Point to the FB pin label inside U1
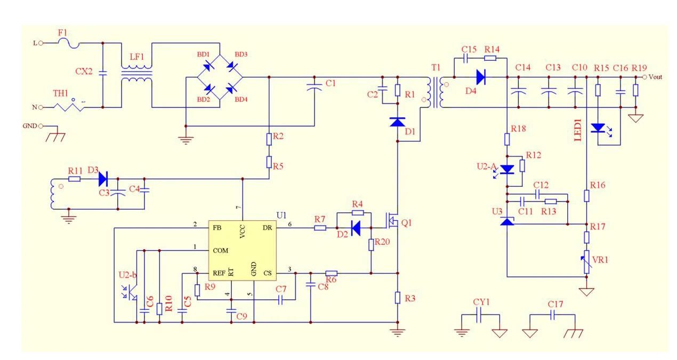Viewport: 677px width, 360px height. pos(217,228)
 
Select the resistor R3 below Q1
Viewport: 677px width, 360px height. pos(398,298)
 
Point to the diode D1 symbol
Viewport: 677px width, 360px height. pos(398,122)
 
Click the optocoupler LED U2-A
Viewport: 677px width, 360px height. pos(507,169)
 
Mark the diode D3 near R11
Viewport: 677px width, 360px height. pos(102,179)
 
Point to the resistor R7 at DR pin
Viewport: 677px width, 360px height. pos(320,228)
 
